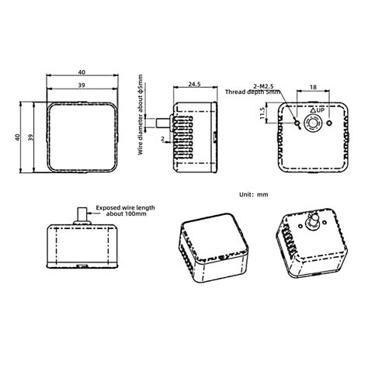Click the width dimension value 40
(x=82, y=71)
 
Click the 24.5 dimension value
(x=194, y=84)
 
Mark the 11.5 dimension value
(x=263, y=114)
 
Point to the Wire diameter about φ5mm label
(x=141, y=115)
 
